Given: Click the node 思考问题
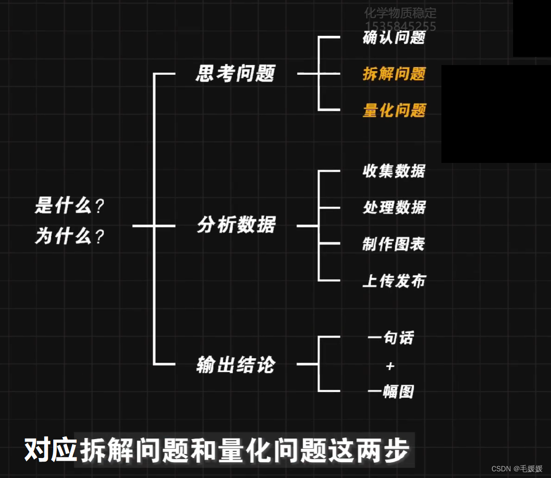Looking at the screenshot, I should (236, 74).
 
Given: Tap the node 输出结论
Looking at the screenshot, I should (236, 365).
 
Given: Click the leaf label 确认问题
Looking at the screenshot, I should (394, 37).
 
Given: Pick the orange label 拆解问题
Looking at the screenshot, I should (394, 74).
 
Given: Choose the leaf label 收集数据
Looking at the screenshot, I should (394, 171).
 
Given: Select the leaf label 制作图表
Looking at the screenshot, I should (393, 244).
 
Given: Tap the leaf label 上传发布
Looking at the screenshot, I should (394, 281).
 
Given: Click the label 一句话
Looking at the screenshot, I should (391, 338).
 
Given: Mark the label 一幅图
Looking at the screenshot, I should (391, 392).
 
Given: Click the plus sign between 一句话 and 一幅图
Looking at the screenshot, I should (390, 366).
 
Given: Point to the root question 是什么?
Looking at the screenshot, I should (69, 206).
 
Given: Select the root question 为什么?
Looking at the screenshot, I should (69, 237).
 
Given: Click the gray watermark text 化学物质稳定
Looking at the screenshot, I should (400, 13).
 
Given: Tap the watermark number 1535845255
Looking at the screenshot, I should (400, 27).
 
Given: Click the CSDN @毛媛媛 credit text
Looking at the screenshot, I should (517, 468).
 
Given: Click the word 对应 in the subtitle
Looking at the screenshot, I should (50, 451).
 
